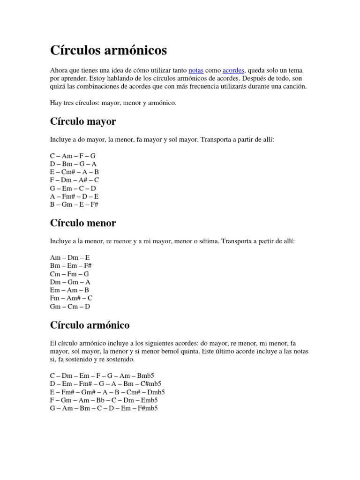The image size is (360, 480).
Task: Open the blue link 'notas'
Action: [x=196, y=70]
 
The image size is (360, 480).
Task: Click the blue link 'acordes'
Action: [x=233, y=70]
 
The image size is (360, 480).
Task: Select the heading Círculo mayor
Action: [x=82, y=122]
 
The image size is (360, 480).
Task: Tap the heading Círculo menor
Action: [x=82, y=223]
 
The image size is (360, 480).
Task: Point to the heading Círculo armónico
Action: [x=90, y=324]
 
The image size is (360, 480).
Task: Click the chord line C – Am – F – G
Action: [x=73, y=155]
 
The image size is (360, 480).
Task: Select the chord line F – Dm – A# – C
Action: [x=75, y=180]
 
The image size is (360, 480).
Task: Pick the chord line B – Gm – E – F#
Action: [x=74, y=205]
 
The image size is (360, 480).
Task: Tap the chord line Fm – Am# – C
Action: [x=71, y=298]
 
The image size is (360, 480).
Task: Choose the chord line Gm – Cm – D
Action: [x=70, y=307]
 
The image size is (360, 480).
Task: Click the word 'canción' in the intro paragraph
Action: [x=294, y=87]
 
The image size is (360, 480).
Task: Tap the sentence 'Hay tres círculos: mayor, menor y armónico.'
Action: [x=113, y=103]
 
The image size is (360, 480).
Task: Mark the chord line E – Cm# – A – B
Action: [x=75, y=172]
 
